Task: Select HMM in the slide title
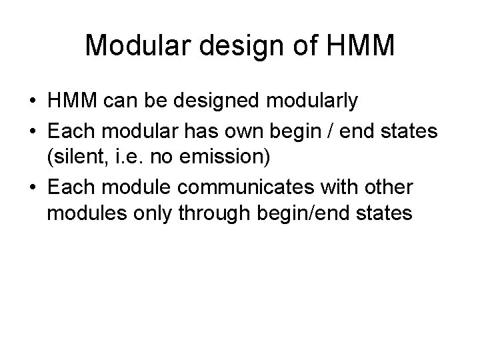(361, 45)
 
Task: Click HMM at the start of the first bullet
(71, 101)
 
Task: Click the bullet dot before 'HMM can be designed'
(32, 102)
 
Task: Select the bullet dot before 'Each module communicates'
(32, 187)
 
